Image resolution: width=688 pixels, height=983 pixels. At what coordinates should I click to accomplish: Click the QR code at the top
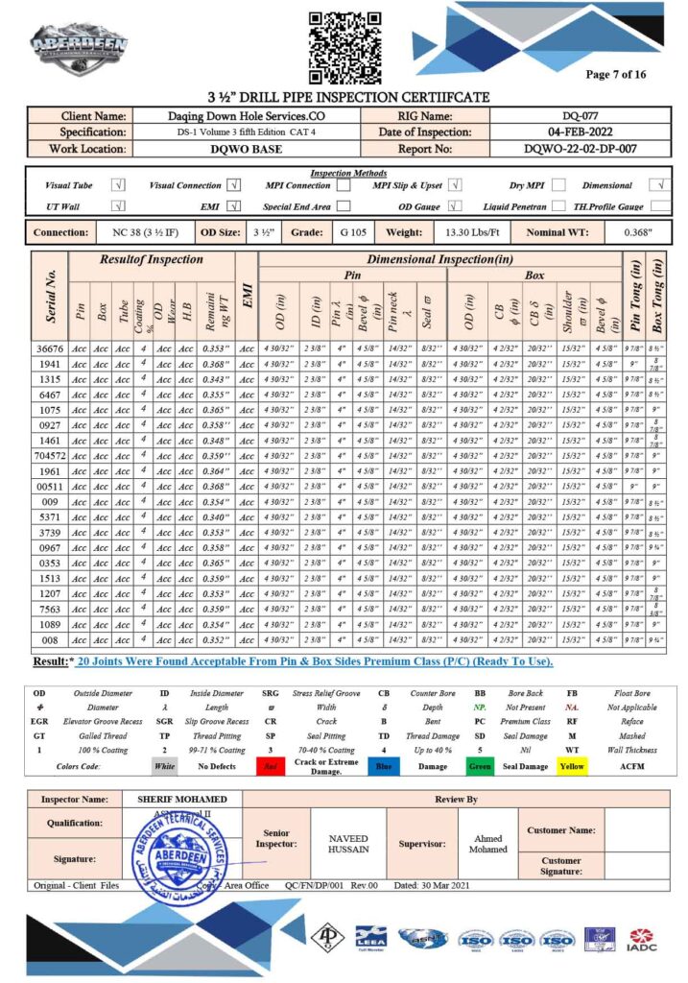pyautogui.click(x=344, y=47)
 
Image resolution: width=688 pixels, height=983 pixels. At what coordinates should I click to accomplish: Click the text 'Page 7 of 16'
pyautogui.click(x=616, y=75)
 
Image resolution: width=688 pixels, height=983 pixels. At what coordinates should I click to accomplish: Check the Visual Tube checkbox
pyautogui.click(x=119, y=185)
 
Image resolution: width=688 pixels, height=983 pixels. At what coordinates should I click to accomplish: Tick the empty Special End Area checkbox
pyautogui.click(x=344, y=205)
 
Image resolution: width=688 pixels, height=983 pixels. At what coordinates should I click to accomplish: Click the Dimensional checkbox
pyautogui.click(x=659, y=185)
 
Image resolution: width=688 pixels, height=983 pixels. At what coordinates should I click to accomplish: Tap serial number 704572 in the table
pyautogui.click(x=50, y=456)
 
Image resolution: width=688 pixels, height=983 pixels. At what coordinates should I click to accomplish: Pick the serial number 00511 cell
pyautogui.click(x=50, y=487)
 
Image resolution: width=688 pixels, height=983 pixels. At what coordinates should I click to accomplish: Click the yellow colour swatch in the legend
pyautogui.click(x=572, y=766)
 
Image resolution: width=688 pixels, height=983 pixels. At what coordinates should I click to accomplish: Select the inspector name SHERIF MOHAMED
pyautogui.click(x=182, y=800)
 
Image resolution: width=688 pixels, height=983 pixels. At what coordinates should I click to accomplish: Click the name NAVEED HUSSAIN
pyautogui.click(x=348, y=844)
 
